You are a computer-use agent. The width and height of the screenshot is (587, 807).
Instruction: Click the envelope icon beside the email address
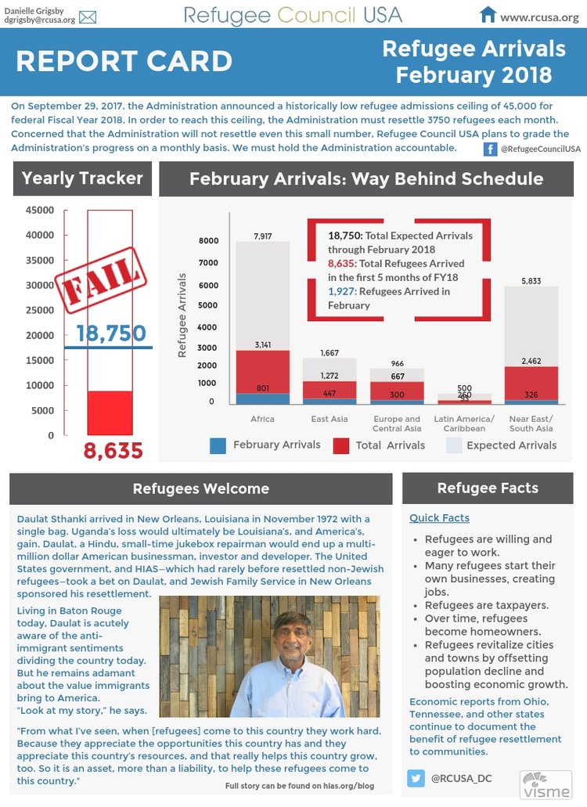pos(88,17)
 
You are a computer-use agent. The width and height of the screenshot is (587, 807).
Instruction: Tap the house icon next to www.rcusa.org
pos(488,15)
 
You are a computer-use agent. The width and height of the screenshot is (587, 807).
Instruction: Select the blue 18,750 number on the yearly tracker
pos(111,334)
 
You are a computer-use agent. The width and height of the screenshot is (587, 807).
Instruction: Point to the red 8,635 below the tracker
pos(113,451)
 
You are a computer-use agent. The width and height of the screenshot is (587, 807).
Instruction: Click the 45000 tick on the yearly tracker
pos(40,210)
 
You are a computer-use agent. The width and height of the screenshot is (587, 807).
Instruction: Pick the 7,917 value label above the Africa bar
pos(262,236)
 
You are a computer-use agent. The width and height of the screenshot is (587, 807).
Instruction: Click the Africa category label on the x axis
pos(262,419)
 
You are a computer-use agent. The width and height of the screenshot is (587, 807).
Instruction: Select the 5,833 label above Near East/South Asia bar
pos(531,281)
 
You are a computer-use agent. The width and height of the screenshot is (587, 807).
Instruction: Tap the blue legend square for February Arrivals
pos(218,445)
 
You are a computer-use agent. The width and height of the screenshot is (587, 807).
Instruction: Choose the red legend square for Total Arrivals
pos(341,445)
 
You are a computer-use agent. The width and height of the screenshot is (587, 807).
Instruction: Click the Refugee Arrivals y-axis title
pos(182,315)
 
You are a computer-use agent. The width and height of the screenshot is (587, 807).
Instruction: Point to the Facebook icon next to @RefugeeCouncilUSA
pos(490,149)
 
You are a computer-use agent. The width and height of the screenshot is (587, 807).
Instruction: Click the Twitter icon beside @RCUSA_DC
pos(416,778)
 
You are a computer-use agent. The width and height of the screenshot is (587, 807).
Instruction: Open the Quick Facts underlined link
pos(439,517)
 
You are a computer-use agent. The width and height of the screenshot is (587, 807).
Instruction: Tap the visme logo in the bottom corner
pos(546,784)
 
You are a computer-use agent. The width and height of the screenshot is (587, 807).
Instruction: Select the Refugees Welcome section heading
pos(200,489)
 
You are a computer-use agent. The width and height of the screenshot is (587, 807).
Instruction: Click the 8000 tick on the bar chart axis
pos(208,241)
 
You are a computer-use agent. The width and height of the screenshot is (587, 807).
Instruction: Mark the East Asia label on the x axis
pos(330,419)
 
